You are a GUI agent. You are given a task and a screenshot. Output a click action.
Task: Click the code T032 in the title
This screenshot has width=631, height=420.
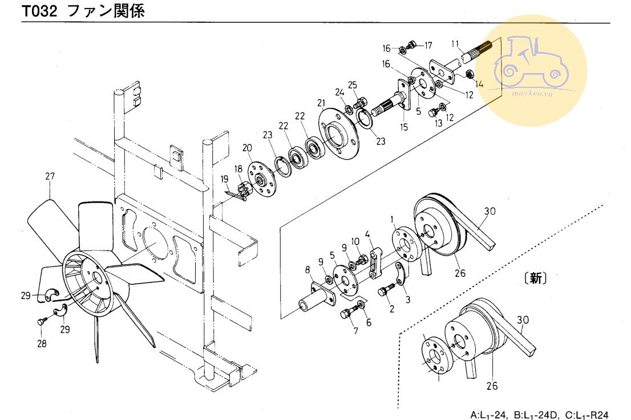[39, 11]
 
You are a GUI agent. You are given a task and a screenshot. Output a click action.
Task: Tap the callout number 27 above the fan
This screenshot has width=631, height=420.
[50, 176]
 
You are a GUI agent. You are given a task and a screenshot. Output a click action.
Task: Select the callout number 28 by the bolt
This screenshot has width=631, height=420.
[42, 344]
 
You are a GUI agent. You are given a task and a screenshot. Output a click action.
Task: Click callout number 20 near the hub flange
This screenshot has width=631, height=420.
[247, 148]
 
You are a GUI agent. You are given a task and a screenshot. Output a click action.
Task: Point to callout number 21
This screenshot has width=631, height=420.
[321, 103]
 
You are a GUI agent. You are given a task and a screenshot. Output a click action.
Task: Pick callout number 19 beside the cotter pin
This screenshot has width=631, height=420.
[225, 179]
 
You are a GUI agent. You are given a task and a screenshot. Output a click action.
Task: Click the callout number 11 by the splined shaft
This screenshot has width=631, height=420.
[455, 44]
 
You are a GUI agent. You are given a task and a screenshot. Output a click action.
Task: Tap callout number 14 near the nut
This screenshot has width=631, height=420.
[479, 84]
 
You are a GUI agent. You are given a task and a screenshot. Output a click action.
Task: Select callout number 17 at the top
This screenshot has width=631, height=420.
[428, 46]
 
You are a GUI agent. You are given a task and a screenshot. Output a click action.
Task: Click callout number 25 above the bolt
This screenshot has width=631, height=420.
[353, 85]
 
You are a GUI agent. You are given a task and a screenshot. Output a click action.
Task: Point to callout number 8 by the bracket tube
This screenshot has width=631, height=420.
[308, 269]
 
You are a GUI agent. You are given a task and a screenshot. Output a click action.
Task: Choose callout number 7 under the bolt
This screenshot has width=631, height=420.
[356, 330]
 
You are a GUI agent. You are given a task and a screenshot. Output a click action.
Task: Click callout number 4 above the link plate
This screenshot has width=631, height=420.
[367, 234]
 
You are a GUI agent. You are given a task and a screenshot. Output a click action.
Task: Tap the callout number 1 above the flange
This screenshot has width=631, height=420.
[393, 219]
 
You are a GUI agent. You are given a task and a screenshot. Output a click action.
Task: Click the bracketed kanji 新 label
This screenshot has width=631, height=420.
[536, 278]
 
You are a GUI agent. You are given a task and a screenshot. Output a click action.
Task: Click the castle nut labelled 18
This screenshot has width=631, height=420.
[242, 189]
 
